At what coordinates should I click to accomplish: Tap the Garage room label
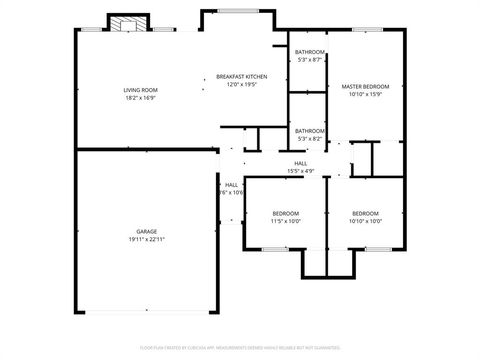point(146,232)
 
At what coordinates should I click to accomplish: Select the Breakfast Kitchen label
point(242,77)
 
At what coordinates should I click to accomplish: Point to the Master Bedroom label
point(365,87)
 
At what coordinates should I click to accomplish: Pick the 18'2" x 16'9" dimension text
point(141,98)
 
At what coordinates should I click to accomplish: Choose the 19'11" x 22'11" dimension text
point(146,239)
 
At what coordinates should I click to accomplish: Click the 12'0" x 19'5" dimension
point(242,84)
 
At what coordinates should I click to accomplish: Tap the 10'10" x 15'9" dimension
point(365,94)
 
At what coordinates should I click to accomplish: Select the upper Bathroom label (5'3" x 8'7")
point(310,52)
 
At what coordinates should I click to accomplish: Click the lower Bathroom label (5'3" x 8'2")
point(310,131)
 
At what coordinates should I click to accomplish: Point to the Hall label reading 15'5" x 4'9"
point(300,163)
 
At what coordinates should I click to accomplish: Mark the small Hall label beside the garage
point(231,185)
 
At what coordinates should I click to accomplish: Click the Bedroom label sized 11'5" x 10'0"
point(286,213)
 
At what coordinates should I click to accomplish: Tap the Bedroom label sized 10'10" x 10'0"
point(365,213)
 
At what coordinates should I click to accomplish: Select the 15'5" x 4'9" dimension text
point(300,170)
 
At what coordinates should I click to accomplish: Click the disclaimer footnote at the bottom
point(239,349)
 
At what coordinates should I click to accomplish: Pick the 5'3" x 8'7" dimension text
point(310,59)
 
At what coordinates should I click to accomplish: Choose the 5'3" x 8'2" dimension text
point(310,138)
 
